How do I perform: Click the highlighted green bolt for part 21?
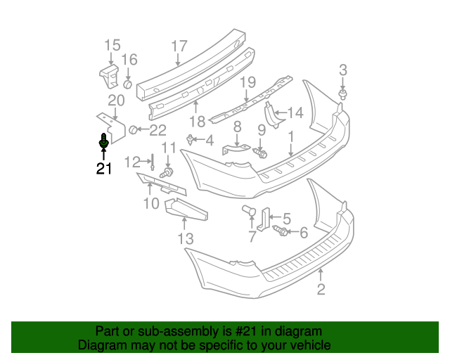tap(104, 143)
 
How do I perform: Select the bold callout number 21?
tap(104, 169)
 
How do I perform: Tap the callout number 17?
tap(179, 46)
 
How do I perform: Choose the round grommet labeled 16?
tap(128, 84)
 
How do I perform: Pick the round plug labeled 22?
tap(134, 129)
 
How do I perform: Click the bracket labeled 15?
tap(108, 75)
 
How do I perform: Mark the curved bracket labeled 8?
tap(236, 150)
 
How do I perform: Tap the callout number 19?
tap(247, 83)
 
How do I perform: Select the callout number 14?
tap(295, 112)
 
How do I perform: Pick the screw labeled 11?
tap(167, 172)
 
